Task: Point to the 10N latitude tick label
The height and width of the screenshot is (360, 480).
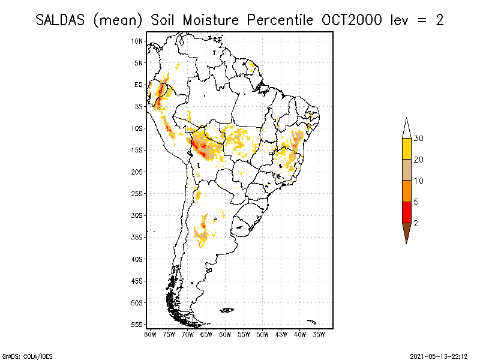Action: (138, 41)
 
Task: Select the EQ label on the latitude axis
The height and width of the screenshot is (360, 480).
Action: (139, 85)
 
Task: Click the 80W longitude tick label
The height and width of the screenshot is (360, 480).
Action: (150, 334)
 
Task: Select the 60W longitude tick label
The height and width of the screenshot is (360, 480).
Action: (225, 334)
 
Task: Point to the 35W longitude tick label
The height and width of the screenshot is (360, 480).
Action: (319, 334)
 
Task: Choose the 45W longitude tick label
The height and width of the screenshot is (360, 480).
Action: (281, 334)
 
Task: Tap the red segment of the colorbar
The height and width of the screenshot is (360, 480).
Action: (406, 212)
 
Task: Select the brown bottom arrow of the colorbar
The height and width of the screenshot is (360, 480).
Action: (406, 232)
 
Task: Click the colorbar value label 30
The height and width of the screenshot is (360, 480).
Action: (419, 139)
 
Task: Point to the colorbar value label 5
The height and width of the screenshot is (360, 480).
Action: (416, 202)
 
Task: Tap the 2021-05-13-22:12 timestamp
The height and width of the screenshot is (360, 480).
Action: (439, 355)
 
